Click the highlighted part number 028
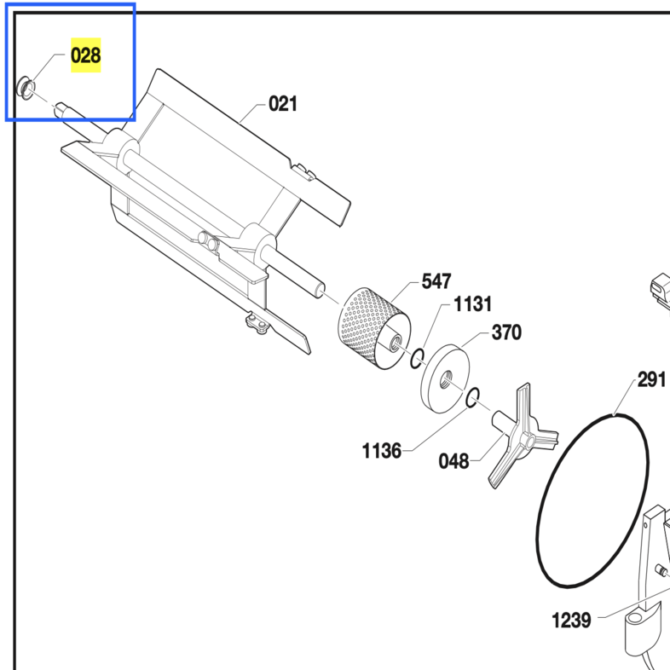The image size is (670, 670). point(86,55)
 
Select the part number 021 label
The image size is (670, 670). point(283,104)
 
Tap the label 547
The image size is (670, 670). point(436,281)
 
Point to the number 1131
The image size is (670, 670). point(472,304)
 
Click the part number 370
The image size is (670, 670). point(507,332)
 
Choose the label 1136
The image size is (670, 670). point(382,451)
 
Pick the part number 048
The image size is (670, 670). point(453,461)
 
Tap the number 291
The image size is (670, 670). point(651,379)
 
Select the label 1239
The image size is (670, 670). point(571,620)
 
